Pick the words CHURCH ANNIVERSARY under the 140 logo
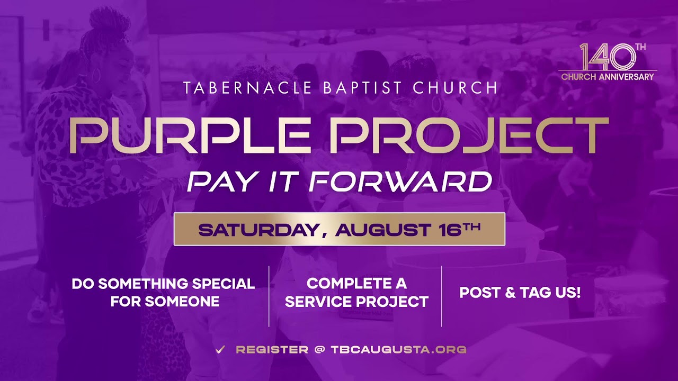608,77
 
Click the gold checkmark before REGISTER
220,349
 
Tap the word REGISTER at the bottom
272,350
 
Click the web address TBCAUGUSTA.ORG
398,350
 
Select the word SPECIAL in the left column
224,284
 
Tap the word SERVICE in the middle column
318,302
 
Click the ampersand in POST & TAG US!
511,293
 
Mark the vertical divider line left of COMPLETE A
269,296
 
